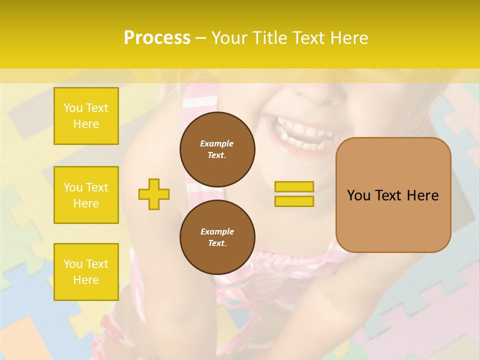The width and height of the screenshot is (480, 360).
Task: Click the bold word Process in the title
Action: (x=157, y=38)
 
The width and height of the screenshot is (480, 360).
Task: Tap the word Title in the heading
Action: (x=268, y=38)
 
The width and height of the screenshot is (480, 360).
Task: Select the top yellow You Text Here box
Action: (x=86, y=116)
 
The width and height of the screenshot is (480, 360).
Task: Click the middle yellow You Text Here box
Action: (x=86, y=195)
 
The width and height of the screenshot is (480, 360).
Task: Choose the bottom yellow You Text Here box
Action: (x=86, y=272)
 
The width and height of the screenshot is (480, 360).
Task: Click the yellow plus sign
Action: (x=154, y=194)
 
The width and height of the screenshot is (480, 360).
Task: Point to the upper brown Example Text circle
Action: (x=217, y=149)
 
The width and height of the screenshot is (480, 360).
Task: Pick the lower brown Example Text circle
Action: (x=217, y=237)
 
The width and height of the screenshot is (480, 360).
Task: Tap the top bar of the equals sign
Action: (x=294, y=186)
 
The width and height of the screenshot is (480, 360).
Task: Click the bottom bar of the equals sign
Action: (x=294, y=201)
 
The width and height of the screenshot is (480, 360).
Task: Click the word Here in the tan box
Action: (x=422, y=195)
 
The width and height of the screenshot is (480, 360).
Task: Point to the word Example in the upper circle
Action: (x=217, y=143)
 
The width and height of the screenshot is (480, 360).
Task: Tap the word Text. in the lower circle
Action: (x=217, y=243)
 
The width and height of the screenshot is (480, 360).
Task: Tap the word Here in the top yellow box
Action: (x=86, y=124)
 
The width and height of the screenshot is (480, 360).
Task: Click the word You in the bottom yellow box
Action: (x=72, y=264)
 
